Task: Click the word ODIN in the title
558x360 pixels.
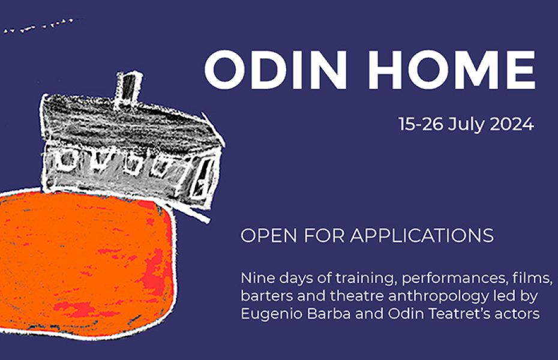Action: click(275, 70)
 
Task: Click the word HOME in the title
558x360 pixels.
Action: click(452, 70)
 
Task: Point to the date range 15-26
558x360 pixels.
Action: click(421, 124)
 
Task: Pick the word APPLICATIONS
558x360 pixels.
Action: click(422, 235)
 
